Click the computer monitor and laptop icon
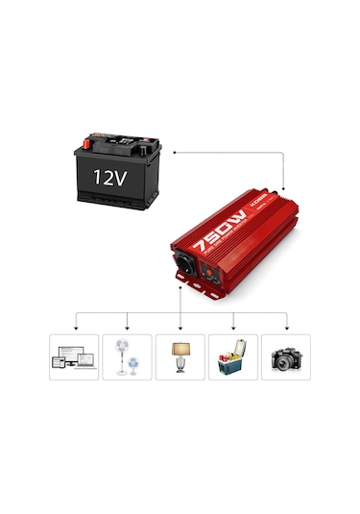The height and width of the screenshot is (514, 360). (74, 357)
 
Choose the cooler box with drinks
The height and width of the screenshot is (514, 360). (233, 357)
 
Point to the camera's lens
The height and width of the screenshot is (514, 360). (284, 362)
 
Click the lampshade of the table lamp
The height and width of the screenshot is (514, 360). (180, 346)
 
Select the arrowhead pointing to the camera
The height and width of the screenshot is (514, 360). (286, 328)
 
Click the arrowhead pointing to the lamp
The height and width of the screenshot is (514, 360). (180, 328)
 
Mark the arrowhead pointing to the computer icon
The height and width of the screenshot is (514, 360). (74, 328)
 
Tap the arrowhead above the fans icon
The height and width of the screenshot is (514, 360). (127, 328)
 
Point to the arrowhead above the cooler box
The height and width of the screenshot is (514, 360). (233, 328)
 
